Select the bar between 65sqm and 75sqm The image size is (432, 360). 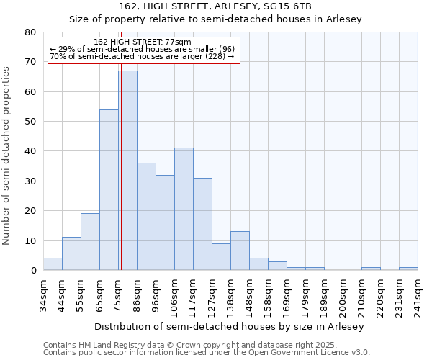109,190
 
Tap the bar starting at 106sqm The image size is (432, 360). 184,209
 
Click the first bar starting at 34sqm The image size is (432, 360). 53,264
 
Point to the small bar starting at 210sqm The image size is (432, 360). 371,269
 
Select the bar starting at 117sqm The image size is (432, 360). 202,224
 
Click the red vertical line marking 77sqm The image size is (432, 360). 121,180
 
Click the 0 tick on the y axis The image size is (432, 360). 33,271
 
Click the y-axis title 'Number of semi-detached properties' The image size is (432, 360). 7,156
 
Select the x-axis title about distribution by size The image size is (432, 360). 230,326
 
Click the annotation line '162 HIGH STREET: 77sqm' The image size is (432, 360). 143,42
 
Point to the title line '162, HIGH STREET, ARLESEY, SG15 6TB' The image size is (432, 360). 215,6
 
